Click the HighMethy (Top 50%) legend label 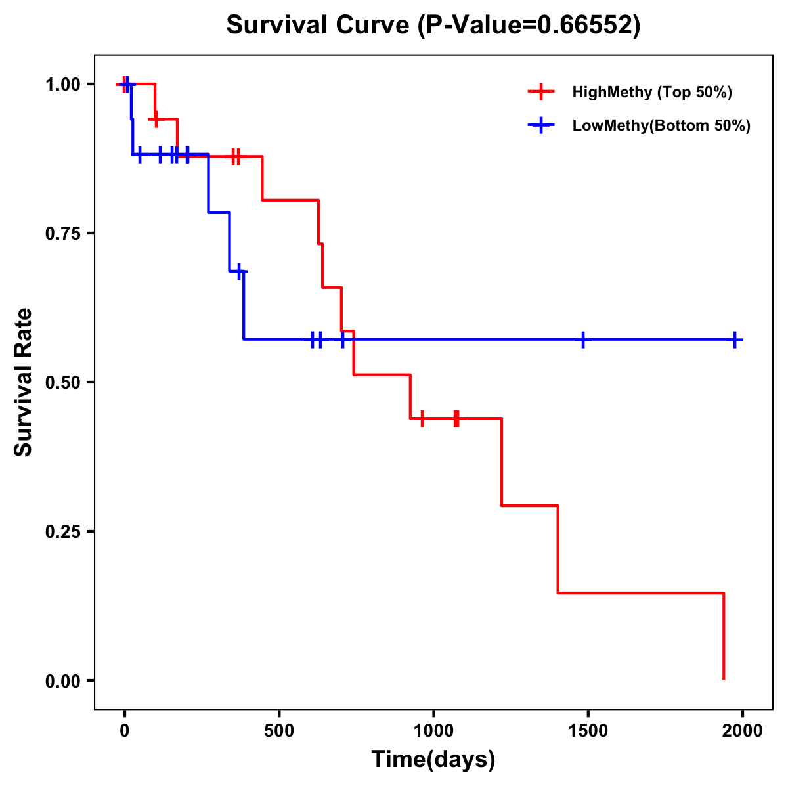(x=651, y=92)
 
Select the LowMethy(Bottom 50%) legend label (x=661, y=125)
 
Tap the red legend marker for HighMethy (x=540, y=92)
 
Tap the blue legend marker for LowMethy (x=540, y=125)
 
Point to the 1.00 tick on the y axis (x=62, y=85)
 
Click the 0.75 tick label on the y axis (x=62, y=234)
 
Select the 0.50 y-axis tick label (x=62, y=383)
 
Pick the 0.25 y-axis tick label (x=62, y=532)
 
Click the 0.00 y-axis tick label (x=62, y=681)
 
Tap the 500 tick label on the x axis (x=279, y=731)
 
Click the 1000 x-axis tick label (x=433, y=731)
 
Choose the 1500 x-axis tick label (x=588, y=731)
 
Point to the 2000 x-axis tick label (x=742, y=731)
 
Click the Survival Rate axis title (x=24, y=382)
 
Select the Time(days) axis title (x=433, y=760)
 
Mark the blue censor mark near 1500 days (x=582, y=339)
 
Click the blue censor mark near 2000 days (x=735, y=339)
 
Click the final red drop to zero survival (x=724, y=637)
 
